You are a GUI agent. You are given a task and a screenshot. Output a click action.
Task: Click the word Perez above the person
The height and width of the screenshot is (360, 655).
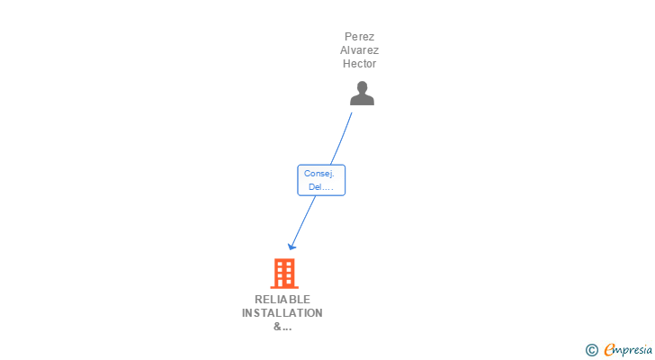click(x=359, y=37)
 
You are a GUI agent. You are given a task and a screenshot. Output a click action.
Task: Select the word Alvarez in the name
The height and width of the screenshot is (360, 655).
click(x=359, y=50)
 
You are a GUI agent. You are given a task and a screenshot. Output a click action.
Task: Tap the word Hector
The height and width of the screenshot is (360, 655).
click(x=359, y=64)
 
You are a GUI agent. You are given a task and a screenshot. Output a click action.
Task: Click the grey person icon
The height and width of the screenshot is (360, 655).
click(x=362, y=94)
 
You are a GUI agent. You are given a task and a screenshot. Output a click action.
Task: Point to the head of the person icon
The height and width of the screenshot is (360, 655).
click(x=362, y=87)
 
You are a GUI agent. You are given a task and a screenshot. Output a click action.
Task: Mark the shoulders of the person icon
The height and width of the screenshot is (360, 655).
click(x=362, y=100)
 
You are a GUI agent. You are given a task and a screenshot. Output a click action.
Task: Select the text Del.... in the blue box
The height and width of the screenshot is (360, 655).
click(x=320, y=187)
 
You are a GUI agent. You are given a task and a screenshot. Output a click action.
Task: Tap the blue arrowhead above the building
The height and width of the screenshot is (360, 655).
click(x=292, y=246)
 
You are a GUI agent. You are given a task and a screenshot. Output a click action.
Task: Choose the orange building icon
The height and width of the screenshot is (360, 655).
click(x=283, y=273)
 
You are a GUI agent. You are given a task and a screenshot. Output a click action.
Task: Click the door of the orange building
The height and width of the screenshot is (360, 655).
click(x=284, y=283)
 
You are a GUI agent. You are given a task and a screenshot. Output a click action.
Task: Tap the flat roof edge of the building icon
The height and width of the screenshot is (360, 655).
click(x=283, y=259)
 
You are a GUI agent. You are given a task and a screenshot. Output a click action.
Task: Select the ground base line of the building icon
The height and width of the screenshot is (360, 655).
click(x=283, y=287)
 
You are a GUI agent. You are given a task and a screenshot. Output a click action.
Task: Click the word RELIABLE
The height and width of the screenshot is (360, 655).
click(x=283, y=300)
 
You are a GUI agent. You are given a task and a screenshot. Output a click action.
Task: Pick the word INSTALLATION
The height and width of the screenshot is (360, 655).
click(x=283, y=313)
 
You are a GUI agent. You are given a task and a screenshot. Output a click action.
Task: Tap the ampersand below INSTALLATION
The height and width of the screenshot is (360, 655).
click(x=277, y=327)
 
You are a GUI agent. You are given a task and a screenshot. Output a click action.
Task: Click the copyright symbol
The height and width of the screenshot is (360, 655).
click(x=591, y=350)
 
